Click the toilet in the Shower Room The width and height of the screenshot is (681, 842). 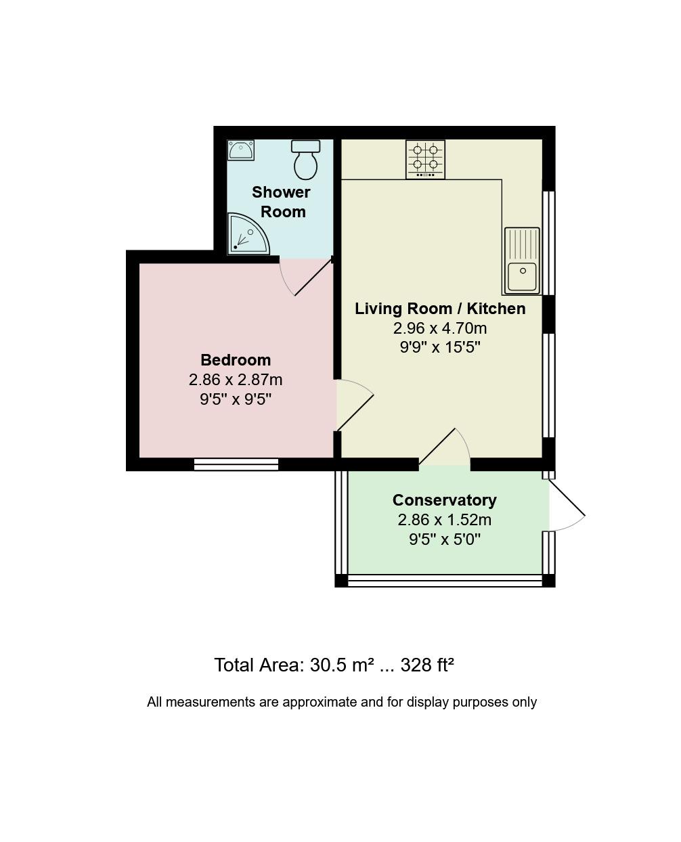coord(305,159)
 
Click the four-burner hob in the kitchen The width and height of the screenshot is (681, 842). coord(425,159)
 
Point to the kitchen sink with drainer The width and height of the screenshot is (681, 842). coord(522,261)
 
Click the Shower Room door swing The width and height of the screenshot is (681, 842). coord(305,278)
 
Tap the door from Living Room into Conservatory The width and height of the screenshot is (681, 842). coord(445,448)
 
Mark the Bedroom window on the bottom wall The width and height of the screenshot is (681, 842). coord(236,464)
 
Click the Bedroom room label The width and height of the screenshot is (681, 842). coord(236,360)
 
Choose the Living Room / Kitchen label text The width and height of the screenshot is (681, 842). coord(440,309)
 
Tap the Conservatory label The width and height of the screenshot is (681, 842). coord(444,500)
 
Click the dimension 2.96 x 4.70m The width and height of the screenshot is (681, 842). coord(440,328)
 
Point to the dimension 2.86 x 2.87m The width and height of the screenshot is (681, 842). coord(236,380)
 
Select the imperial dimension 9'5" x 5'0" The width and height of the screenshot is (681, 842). coord(444,539)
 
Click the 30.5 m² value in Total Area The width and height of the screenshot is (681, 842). coord(342,665)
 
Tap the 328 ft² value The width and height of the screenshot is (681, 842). coord(426,665)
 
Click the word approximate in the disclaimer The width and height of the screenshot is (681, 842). coord(319,702)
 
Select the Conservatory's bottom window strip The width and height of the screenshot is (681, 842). coord(445,580)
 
